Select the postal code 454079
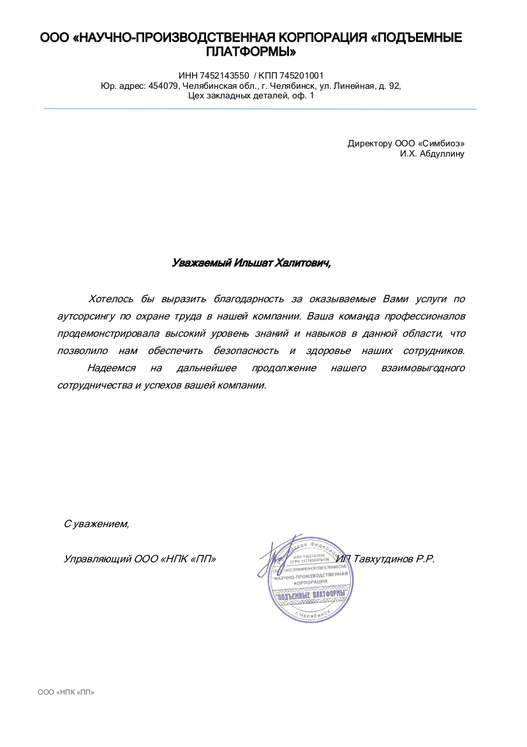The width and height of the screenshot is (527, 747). click(x=163, y=86)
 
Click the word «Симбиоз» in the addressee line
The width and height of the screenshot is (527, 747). click(x=441, y=143)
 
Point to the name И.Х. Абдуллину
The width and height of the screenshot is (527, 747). click(x=432, y=154)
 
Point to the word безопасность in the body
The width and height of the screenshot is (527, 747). click(x=246, y=351)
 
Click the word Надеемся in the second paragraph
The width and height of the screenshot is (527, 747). click(x=111, y=368)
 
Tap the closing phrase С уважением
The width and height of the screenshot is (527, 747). click(x=96, y=524)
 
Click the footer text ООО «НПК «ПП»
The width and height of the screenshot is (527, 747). click(x=66, y=692)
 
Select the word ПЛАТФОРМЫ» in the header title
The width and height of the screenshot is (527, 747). click(x=251, y=51)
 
